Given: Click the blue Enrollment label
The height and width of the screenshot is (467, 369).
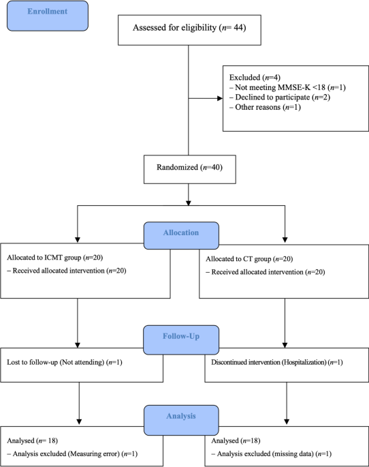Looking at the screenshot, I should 48,16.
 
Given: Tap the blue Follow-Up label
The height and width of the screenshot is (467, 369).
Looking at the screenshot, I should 180,336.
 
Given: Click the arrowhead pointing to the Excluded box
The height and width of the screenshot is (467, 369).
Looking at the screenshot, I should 219,98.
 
